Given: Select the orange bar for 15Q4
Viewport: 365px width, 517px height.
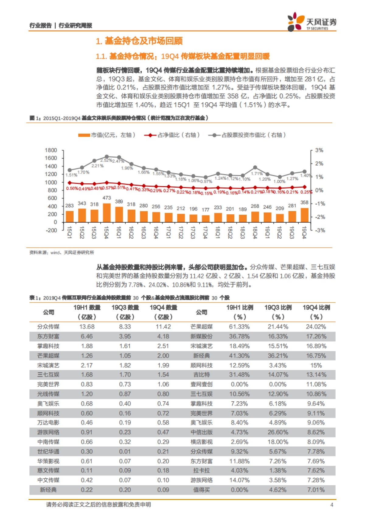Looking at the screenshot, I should [106, 213].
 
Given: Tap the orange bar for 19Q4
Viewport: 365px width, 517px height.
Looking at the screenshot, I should [304, 215].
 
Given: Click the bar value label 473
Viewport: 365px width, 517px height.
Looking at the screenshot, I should [106, 198].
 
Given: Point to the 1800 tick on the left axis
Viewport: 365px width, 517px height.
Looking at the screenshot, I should [51, 150].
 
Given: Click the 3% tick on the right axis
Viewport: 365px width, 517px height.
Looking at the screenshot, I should [319, 150].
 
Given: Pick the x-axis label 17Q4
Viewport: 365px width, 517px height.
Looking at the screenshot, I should [205, 233].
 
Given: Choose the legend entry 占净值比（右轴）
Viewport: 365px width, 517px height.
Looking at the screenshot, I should [172, 135].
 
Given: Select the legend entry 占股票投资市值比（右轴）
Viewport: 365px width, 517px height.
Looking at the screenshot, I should [247, 135].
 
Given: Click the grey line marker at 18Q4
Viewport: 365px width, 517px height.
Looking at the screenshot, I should [255, 167].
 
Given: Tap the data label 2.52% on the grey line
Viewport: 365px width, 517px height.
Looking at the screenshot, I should [106, 160].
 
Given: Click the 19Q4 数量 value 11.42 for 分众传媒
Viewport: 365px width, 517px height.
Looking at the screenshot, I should [163, 327].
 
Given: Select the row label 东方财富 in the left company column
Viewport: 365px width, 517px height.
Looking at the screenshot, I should [48, 336].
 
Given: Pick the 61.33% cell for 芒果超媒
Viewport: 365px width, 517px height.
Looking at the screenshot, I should [239, 327].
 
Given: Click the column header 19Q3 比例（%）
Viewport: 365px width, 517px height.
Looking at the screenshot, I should [278, 312].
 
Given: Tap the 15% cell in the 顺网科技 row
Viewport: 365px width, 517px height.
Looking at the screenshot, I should [316, 365].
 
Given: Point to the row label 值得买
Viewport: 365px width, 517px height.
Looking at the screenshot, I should [201, 490].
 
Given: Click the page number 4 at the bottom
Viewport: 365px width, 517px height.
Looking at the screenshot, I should [332, 505].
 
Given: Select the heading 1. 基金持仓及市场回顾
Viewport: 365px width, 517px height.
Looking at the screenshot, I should [139, 41].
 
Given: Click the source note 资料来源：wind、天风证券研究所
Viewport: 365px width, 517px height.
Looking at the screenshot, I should [62, 252].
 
